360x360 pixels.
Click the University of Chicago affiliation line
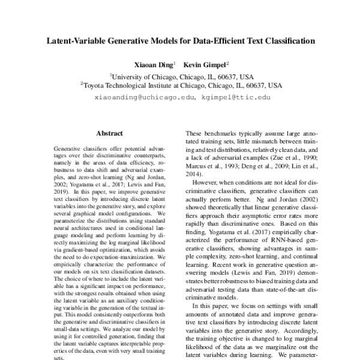(182, 77)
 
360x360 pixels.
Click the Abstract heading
(109, 133)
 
